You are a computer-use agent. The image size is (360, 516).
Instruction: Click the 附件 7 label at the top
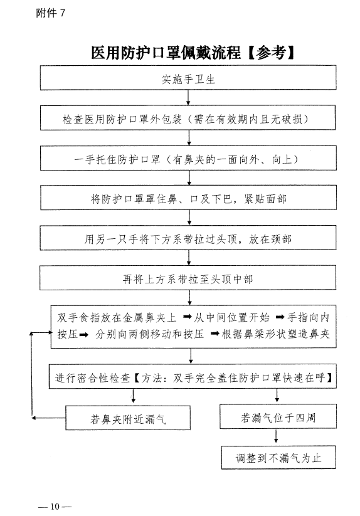pyautogui.click(x=50, y=13)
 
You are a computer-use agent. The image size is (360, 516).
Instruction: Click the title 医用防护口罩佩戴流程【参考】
pyautogui.click(x=193, y=53)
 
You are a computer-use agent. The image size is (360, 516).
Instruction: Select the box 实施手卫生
pyautogui.click(x=188, y=78)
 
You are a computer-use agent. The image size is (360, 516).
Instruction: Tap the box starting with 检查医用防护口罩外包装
pyautogui.click(x=188, y=118)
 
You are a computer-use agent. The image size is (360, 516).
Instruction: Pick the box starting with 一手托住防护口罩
pyautogui.click(x=188, y=158)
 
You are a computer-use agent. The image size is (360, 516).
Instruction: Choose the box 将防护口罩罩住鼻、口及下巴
pyautogui.click(x=189, y=197)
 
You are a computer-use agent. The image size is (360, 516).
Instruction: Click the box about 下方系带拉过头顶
pyautogui.click(x=188, y=238)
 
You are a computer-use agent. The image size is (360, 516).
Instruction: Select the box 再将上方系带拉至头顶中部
pyautogui.click(x=188, y=278)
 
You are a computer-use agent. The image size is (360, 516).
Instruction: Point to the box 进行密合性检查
pyautogui.click(x=193, y=377)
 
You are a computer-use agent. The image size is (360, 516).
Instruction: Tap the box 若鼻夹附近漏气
pyautogui.click(x=128, y=418)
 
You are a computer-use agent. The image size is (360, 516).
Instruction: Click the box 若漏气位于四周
pyautogui.click(x=278, y=416)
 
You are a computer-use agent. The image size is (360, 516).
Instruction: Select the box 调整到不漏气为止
pyautogui.click(x=278, y=458)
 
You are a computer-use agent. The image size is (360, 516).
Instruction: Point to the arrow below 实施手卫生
pyautogui.click(x=188, y=98)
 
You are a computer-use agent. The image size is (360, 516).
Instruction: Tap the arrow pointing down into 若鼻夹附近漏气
pyautogui.click(x=133, y=396)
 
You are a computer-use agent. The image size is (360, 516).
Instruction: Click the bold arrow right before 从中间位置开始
pyautogui.click(x=188, y=317)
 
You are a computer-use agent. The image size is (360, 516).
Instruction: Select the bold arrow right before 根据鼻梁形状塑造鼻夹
pyautogui.click(x=215, y=334)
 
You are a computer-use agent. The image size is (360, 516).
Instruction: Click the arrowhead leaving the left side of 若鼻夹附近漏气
pyautogui.click(x=34, y=418)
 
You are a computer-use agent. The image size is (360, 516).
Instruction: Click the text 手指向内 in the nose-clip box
pyautogui.click(x=308, y=317)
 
